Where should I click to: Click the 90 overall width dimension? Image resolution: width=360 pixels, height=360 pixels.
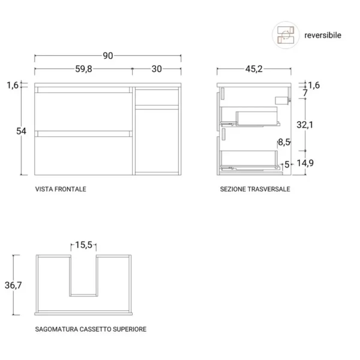pos(107,56)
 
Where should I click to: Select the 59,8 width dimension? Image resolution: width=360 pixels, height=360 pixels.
pos(83,69)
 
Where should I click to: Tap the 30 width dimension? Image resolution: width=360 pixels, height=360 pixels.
pos(157,69)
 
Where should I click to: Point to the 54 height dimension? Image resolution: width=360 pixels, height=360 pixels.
pos(21,131)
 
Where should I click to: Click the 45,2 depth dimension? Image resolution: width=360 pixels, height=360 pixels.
pos(254,69)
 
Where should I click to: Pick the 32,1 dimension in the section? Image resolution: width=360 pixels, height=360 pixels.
pos(305,125)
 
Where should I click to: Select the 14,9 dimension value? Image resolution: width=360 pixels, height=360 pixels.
pos(305,163)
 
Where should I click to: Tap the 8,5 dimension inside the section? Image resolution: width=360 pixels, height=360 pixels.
pos(284,142)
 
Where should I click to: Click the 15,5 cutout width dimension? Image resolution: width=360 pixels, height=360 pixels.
pos(83,245)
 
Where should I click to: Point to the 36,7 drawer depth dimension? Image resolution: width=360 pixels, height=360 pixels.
pos(13,285)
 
